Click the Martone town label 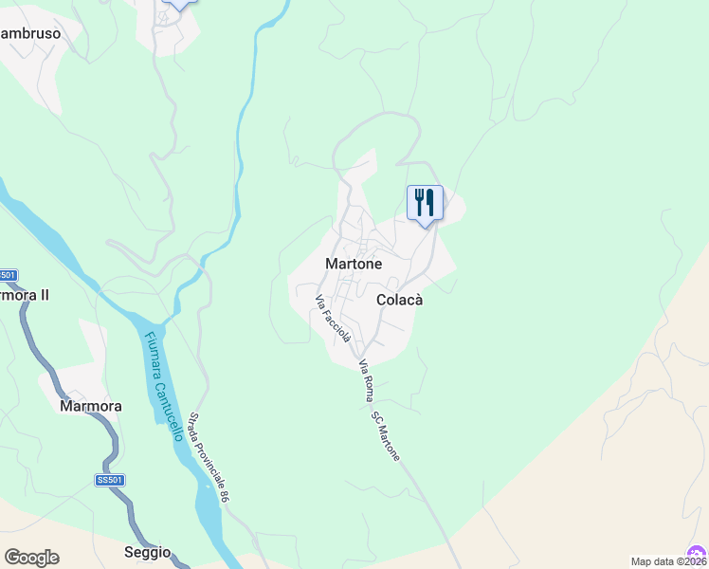point(354,264)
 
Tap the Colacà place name point(399,300)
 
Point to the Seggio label point(147,552)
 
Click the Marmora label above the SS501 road point(91,406)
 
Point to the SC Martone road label point(385,436)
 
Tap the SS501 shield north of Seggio point(110,481)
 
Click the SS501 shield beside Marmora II point(8,275)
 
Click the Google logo point(31,558)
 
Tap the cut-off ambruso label point(30,33)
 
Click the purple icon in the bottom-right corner point(697,553)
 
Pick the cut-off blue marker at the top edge point(178,4)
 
